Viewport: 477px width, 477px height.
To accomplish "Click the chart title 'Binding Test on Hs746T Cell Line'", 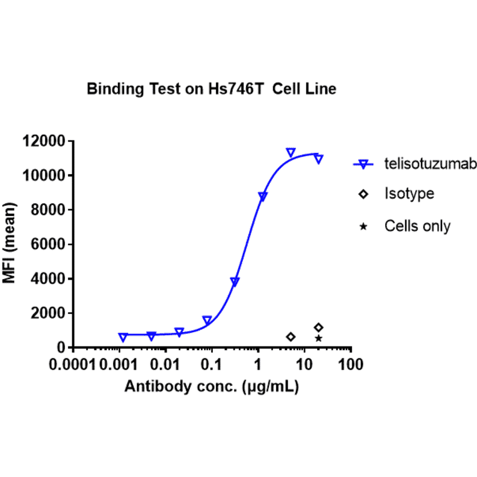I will point(211,89).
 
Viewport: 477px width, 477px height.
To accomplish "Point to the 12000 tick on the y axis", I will point(44,141).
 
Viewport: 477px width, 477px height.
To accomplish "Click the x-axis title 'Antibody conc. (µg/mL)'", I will point(212,387).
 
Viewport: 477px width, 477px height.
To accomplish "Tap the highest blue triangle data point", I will point(290,152).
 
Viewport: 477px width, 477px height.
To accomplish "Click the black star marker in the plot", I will point(318,338).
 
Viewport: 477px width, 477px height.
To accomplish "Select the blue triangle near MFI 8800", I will point(263,197).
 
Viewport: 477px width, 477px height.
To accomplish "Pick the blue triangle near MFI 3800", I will point(235,282).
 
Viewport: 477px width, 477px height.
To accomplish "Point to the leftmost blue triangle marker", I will point(123,337).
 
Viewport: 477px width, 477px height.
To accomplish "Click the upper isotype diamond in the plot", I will point(318,328).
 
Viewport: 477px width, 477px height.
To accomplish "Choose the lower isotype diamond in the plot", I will point(290,337).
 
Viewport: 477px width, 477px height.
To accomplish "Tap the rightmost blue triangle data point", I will point(318,159).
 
